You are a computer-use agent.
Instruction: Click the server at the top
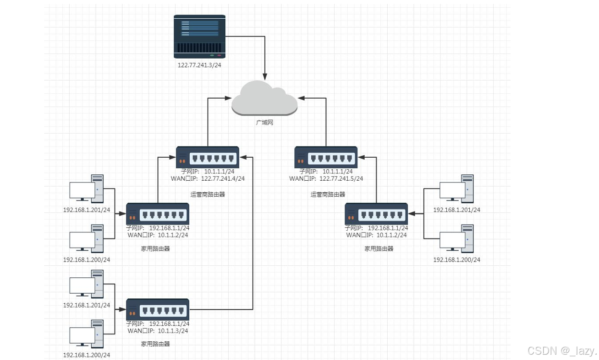[x=199, y=37]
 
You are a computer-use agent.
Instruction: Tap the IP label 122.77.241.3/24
[x=199, y=65]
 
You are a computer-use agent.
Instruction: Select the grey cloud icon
[x=264, y=98]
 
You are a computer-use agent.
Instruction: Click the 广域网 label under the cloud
[x=265, y=123]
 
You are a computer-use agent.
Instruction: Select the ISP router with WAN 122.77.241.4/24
[x=208, y=157]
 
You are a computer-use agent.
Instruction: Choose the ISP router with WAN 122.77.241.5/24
[x=326, y=157]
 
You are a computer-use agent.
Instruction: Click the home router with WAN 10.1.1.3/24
[x=158, y=309]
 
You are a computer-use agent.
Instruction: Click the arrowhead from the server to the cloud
[x=265, y=76]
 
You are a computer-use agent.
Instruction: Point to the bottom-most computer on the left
[x=87, y=334]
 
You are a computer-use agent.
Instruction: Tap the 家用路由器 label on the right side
[x=379, y=248]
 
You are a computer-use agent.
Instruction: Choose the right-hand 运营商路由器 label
[x=328, y=195]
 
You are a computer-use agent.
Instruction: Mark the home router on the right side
[x=376, y=214]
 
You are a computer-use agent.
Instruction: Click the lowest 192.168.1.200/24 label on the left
[x=87, y=355]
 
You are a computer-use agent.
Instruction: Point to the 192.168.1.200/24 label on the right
[x=457, y=260]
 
